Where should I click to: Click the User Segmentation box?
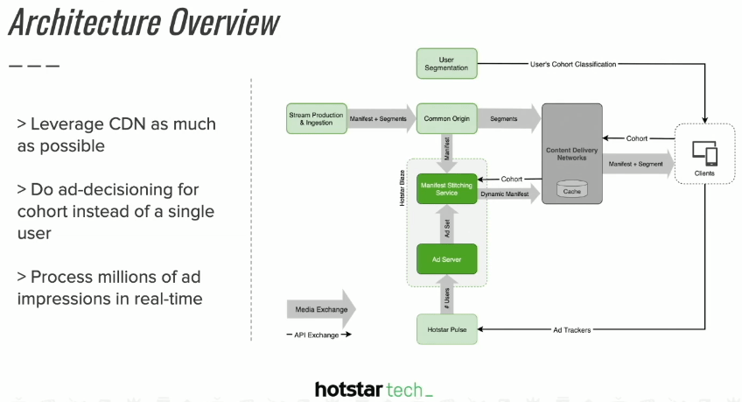click(x=445, y=64)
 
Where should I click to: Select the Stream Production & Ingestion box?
click(x=316, y=118)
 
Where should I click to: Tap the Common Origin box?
click(x=445, y=118)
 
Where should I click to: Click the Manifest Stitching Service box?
click(x=445, y=189)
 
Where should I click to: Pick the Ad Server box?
click(x=445, y=258)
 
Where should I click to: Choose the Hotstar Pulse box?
click(x=445, y=329)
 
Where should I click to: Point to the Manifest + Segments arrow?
click(x=380, y=118)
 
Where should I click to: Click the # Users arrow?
click(x=445, y=300)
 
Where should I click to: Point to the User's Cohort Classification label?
click(x=573, y=64)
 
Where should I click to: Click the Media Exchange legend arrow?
click(x=320, y=309)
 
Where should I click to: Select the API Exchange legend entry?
click(x=318, y=335)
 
